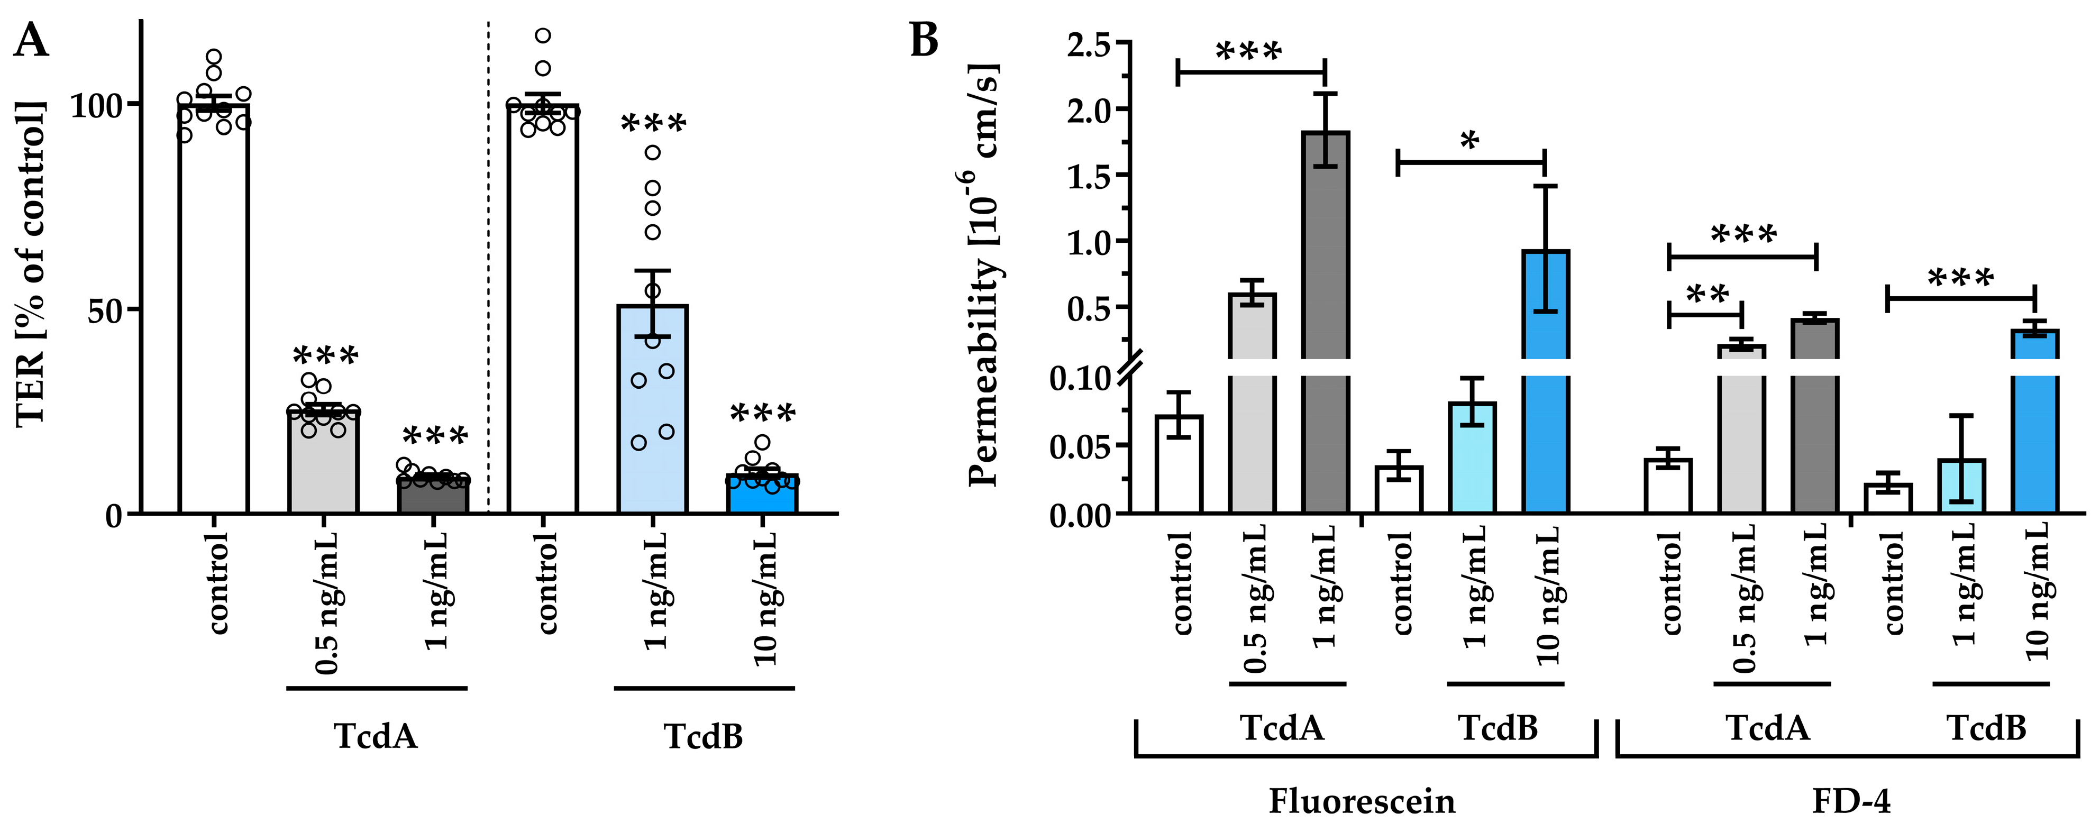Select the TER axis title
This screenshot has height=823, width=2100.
(x=31, y=262)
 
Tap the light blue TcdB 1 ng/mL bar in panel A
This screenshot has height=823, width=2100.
(x=652, y=407)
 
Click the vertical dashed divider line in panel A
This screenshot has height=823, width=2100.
(x=488, y=261)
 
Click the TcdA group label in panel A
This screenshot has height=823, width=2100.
(x=376, y=736)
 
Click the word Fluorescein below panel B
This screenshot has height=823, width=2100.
(x=1362, y=801)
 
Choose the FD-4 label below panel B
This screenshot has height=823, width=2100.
(x=1850, y=801)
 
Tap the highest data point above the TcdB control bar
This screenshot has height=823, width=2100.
(x=543, y=35)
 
